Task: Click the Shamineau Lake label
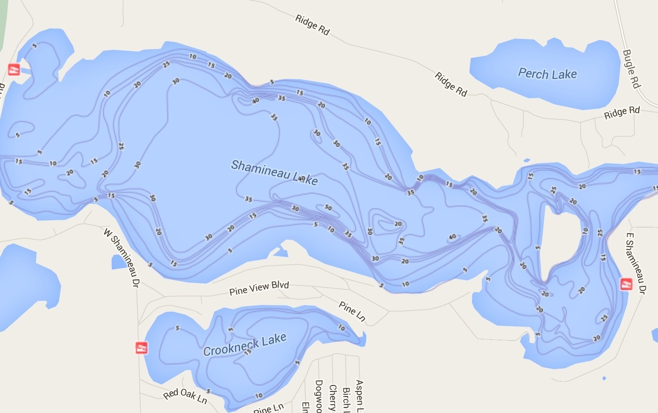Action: pos(274,173)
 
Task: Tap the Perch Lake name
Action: pos(547,74)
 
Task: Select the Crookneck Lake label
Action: pos(245,345)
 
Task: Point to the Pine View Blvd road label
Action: pos(259,288)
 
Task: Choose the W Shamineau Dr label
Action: pos(121,257)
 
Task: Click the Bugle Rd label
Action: pos(631,68)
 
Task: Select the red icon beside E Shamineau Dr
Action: pos(626,284)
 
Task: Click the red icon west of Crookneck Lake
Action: pos(142,347)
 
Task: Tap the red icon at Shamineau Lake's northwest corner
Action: pos(14,70)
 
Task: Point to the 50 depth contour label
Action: pos(328,208)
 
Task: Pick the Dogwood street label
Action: pos(319,396)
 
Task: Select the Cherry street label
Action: pos(333,397)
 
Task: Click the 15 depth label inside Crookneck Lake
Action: pos(247,352)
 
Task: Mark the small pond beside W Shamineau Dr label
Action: pos(119,262)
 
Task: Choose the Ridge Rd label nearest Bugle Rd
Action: pos(621,112)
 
